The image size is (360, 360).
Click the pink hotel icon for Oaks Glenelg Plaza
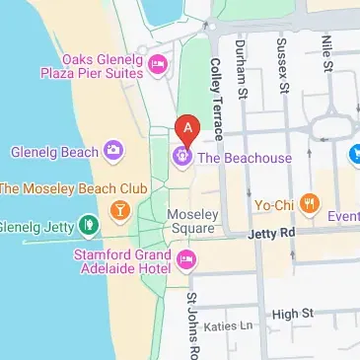point(157,65)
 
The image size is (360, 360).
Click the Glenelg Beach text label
point(54,152)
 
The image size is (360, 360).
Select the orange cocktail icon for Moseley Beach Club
point(119,209)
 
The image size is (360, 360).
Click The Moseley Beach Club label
point(73,187)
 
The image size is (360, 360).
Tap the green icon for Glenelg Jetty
point(89,226)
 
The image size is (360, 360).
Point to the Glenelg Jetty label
point(38,226)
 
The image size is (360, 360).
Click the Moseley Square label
point(191,221)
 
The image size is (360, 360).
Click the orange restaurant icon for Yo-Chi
point(311,205)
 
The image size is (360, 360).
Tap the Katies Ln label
point(228,325)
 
